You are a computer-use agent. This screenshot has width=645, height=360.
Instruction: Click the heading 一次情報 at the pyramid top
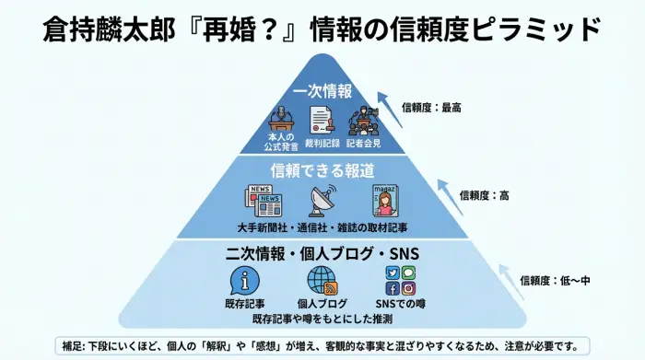(322, 92)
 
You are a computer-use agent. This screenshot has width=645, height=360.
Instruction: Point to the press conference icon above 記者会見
(363, 121)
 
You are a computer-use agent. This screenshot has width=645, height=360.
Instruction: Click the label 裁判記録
(322, 144)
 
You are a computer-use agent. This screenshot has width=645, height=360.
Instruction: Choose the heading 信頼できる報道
(322, 170)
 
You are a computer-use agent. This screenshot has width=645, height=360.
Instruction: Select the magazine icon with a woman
(385, 200)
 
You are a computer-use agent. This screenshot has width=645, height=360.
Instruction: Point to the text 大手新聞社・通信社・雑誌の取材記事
(322, 226)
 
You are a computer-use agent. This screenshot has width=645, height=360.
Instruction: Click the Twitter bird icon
(392, 273)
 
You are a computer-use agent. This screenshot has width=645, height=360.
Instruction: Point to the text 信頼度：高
(485, 195)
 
